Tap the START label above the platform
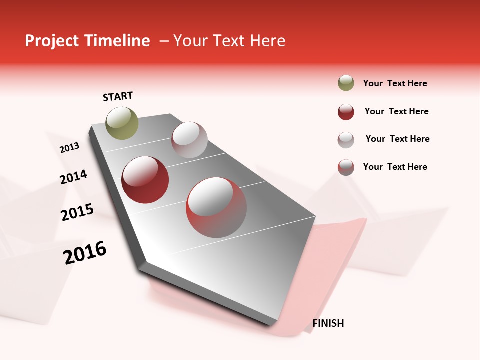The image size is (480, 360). pyautogui.click(x=118, y=96)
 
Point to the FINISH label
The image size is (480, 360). pyautogui.click(x=328, y=323)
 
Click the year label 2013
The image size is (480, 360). pyautogui.click(x=70, y=147)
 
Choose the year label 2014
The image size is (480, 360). pyautogui.click(x=74, y=177)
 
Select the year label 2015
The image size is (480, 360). pyautogui.click(x=77, y=212)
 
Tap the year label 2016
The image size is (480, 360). pyautogui.click(x=85, y=253)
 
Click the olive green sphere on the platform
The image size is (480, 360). pyautogui.click(x=122, y=123)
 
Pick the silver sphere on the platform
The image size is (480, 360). pyautogui.click(x=189, y=140)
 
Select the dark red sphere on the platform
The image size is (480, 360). pyautogui.click(x=145, y=180)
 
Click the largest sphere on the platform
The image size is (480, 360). pyautogui.click(x=216, y=207)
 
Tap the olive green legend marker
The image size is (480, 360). pyautogui.click(x=346, y=83)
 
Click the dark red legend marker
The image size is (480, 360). pyautogui.click(x=346, y=112)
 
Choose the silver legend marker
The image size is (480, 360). pyautogui.click(x=346, y=139)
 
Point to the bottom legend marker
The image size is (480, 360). pyautogui.click(x=346, y=167)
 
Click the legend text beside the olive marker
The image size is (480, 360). pyautogui.click(x=395, y=83)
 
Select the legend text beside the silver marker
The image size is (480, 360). pyautogui.click(x=398, y=139)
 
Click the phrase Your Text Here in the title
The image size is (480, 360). pyautogui.click(x=229, y=41)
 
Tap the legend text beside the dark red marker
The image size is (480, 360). pyautogui.click(x=397, y=111)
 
